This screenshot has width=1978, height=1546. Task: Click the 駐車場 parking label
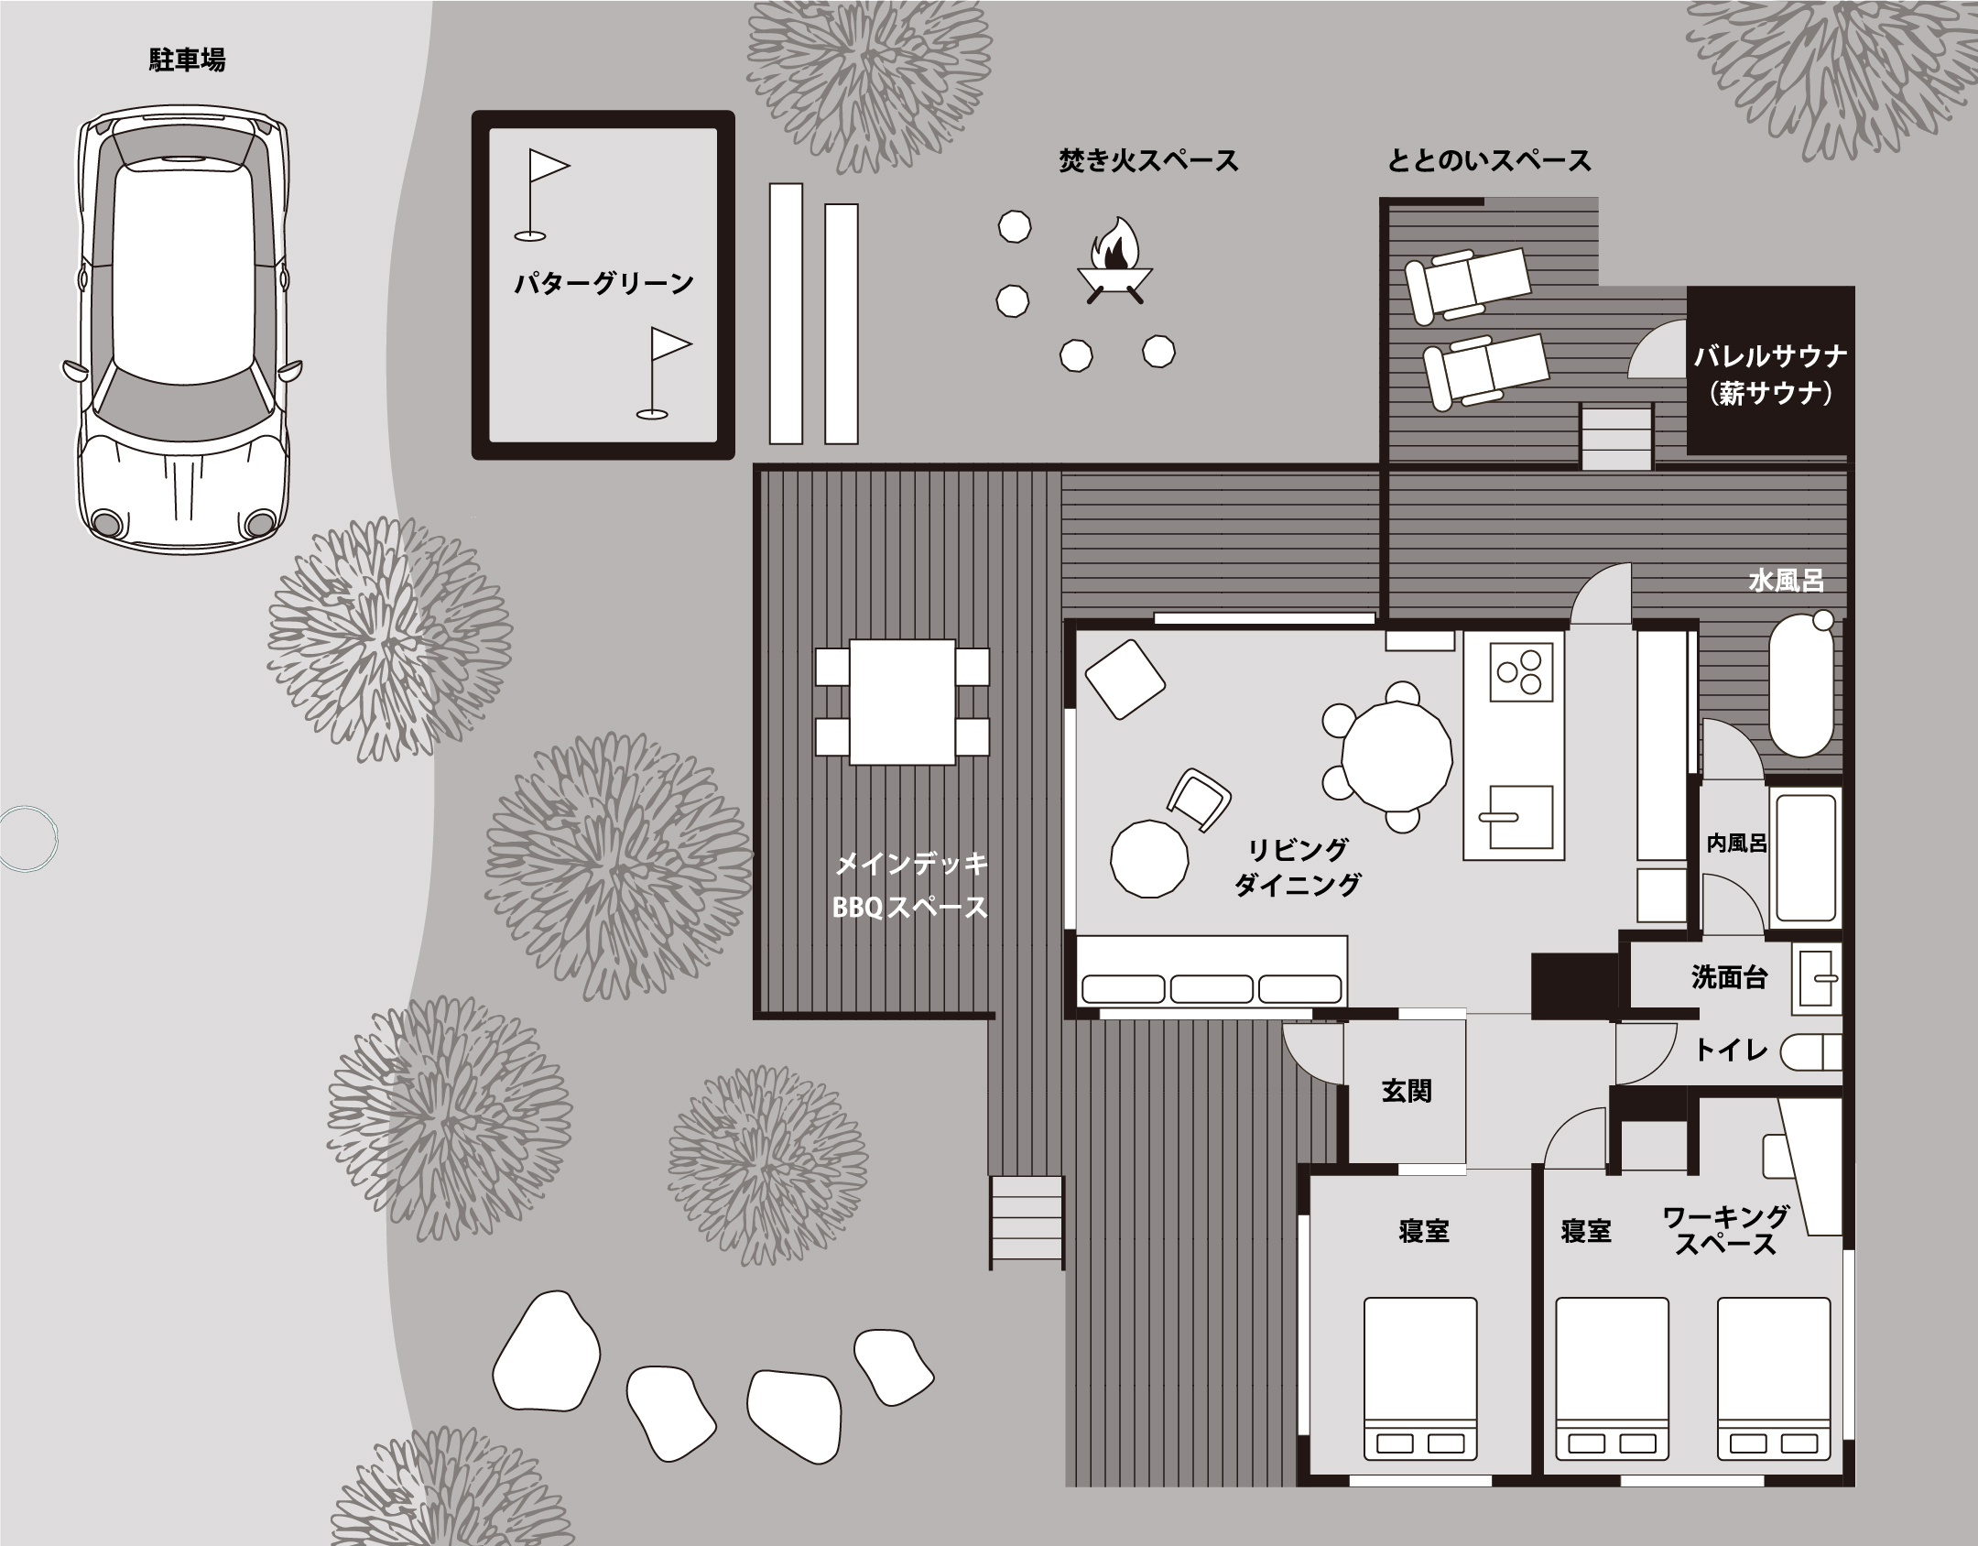(187, 60)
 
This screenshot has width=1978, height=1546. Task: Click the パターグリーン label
(603, 284)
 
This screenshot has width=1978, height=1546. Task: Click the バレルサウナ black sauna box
(1769, 370)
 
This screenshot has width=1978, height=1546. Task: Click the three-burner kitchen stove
(1522, 671)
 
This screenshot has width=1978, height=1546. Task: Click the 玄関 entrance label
(1406, 1091)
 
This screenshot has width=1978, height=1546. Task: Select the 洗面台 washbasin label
(1729, 977)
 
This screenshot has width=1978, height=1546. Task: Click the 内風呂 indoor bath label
(1736, 844)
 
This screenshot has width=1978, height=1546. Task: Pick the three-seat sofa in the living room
(1212, 971)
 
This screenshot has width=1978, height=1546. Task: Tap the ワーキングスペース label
(1725, 1230)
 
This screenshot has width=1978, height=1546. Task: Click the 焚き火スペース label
(1148, 161)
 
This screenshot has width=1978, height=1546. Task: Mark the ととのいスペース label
(1490, 161)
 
